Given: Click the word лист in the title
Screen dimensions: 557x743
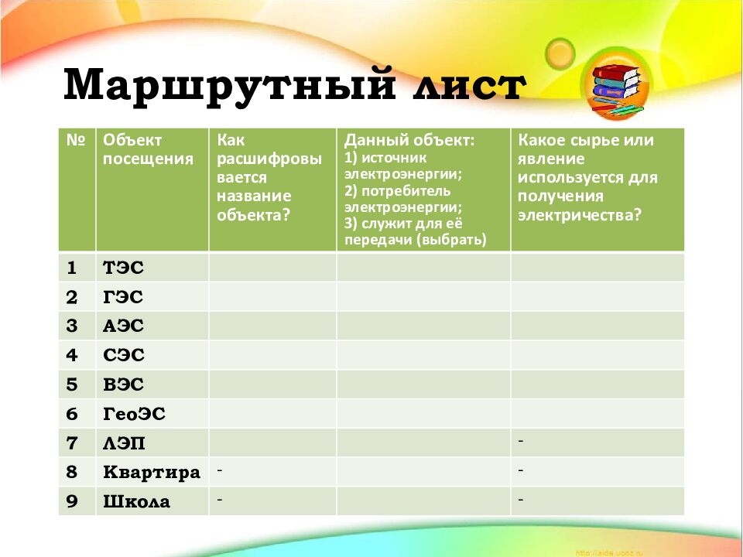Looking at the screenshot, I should coord(462,84).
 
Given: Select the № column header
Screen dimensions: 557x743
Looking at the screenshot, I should coord(76,141).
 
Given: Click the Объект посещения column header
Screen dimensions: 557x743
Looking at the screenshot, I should coord(148,150).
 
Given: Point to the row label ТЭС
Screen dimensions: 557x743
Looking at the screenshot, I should coord(124,268).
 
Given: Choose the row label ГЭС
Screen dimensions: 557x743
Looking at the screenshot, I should coord(123,297).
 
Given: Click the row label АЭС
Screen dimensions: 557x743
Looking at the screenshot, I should coord(123,326).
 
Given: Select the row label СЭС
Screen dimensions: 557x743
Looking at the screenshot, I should coord(123,355).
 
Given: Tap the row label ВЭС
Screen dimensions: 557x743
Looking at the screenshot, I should coord(123,384).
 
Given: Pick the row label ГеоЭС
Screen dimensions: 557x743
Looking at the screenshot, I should coord(134,414).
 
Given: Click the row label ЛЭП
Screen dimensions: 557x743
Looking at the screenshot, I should coord(124,443).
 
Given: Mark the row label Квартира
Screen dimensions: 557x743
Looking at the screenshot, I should coord(151,473).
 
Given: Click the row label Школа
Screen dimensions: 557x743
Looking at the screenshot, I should coord(136,501).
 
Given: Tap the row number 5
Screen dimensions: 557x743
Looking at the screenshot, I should coord(72,384).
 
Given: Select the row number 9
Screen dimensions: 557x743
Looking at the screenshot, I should coord(72,501).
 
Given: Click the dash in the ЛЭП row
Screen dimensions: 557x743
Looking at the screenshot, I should coord(521,440).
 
